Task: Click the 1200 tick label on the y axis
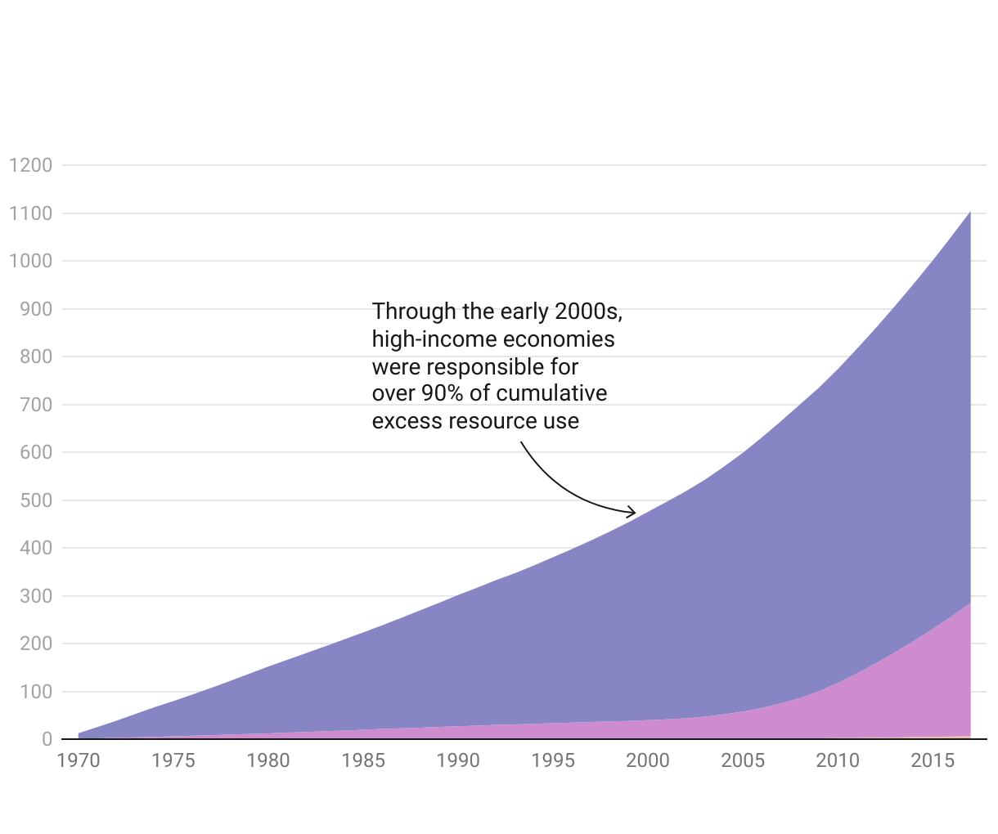(30, 165)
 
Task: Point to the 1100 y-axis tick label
(30, 213)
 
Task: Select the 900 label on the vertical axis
(35, 309)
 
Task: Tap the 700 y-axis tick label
(35, 405)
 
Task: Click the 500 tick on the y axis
(35, 500)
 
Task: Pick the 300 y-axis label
(35, 596)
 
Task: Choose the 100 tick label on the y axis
(35, 692)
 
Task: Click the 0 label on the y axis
(47, 739)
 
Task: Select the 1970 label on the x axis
(79, 760)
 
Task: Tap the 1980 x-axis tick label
(268, 760)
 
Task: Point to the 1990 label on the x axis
(458, 760)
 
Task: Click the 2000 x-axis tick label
(648, 760)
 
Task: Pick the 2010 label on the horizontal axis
(838, 760)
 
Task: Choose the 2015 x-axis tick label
(933, 760)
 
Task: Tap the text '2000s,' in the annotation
(588, 312)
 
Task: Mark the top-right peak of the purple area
(969, 213)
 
